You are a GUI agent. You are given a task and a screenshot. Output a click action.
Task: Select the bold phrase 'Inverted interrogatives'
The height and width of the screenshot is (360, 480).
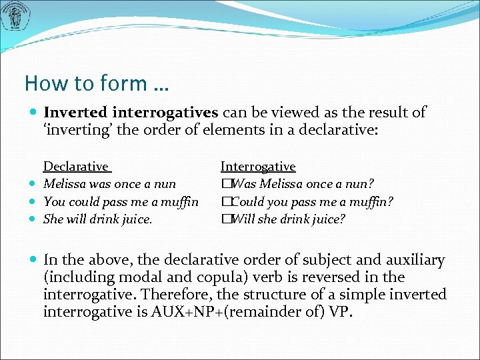(131, 113)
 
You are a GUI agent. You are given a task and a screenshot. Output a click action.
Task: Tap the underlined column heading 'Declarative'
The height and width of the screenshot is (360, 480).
(76, 167)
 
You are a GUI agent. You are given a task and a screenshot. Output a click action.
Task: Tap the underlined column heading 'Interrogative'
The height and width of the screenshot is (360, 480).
(258, 167)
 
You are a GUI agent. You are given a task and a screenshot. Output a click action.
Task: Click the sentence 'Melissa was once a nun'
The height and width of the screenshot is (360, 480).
(109, 184)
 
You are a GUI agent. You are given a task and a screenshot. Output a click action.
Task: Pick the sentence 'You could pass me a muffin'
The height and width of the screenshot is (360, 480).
(121, 201)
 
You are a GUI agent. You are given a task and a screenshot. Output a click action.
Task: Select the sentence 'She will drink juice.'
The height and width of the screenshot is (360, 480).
(97, 219)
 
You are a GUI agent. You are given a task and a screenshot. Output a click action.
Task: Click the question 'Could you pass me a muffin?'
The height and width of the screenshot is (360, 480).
(312, 201)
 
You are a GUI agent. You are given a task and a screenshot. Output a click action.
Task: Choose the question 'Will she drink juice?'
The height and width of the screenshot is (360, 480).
(288, 219)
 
